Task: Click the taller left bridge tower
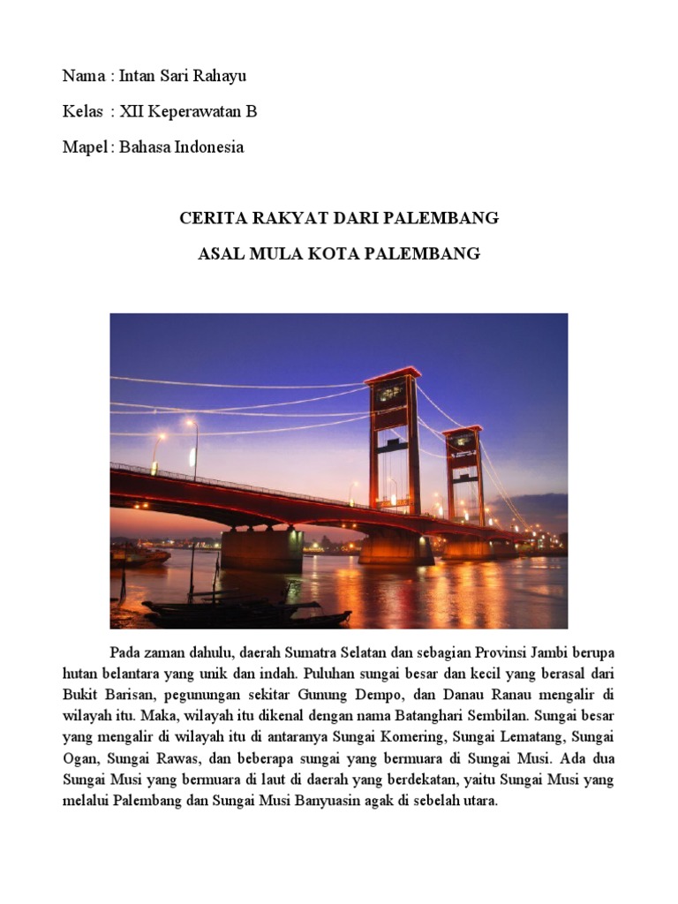(394, 441)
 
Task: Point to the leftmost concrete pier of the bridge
(261, 549)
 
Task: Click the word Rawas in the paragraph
(168, 759)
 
